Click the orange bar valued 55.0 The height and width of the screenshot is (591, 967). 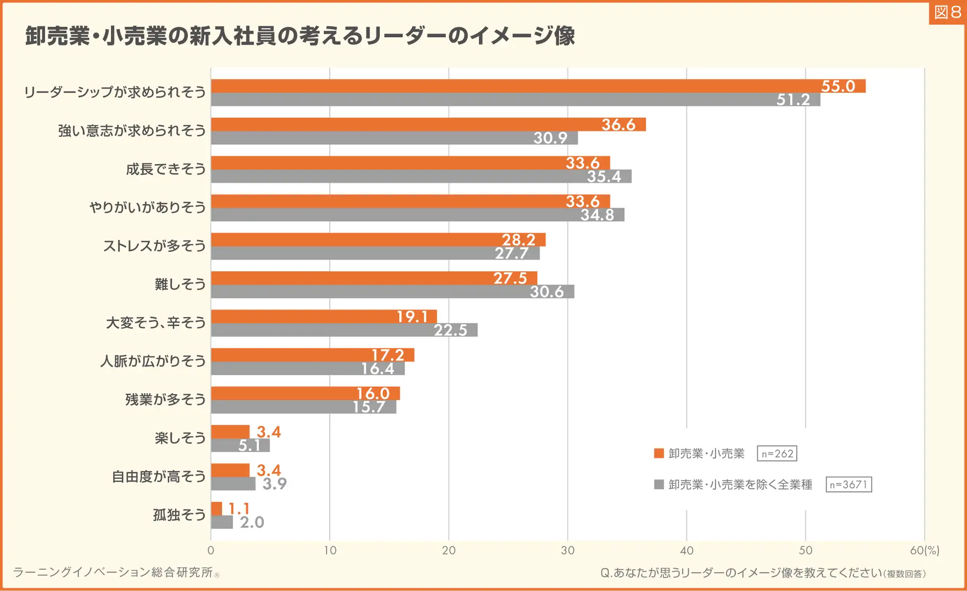[x=538, y=86]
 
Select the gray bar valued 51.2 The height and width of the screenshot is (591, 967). [x=516, y=99]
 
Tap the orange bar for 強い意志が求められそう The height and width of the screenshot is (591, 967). [x=428, y=124]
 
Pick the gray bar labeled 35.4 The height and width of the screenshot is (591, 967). [x=421, y=177]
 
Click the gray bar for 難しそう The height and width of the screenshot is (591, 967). [x=392, y=292]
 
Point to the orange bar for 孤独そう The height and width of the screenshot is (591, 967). [x=217, y=509]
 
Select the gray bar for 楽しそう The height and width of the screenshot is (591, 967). [x=241, y=445]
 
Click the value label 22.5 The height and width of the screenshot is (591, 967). [x=450, y=330]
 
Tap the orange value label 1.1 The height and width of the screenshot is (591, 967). [x=239, y=509]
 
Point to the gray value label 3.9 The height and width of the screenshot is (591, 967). [x=274, y=484]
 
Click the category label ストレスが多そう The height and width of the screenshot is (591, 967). [x=154, y=246]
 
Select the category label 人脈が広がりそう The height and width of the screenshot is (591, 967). [x=153, y=361]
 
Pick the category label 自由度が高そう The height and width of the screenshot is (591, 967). [x=159, y=476]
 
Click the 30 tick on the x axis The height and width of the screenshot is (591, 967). [x=568, y=550]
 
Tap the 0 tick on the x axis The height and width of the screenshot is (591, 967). [x=211, y=550]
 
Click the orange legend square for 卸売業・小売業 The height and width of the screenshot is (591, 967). [x=659, y=453]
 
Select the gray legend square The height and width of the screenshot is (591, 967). [x=659, y=484]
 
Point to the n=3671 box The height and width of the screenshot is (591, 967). [x=848, y=484]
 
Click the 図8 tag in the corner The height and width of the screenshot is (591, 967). [x=947, y=12]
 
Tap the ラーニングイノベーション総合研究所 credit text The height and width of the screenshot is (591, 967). [x=113, y=573]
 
